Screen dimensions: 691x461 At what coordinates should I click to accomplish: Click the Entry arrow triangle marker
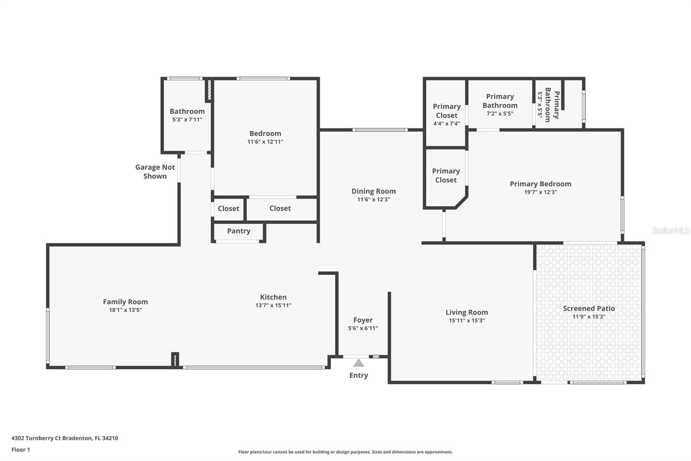(x=358, y=363)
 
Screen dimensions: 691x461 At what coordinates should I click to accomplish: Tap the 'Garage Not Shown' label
(x=155, y=172)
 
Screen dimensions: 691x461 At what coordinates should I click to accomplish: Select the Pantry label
(x=238, y=231)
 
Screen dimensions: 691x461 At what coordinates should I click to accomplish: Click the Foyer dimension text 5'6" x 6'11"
(x=363, y=328)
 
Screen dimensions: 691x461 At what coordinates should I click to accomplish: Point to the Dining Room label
(x=374, y=191)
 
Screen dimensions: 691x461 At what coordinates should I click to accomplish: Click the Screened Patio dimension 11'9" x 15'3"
(x=589, y=317)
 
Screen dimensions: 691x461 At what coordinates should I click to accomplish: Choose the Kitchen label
(x=273, y=297)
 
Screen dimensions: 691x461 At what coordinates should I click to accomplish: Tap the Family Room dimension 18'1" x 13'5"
(x=125, y=310)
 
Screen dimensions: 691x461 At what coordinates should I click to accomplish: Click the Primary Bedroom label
(x=540, y=184)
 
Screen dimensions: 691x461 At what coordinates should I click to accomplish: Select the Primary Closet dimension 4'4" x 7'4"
(x=447, y=124)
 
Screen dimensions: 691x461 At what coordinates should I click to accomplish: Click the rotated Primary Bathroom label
(x=552, y=105)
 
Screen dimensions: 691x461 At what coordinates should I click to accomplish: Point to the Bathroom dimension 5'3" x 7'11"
(x=187, y=120)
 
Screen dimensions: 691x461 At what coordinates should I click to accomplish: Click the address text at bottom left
(x=65, y=438)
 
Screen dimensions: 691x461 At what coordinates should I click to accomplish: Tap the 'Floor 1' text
(x=21, y=450)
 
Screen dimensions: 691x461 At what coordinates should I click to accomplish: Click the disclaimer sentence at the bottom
(x=345, y=452)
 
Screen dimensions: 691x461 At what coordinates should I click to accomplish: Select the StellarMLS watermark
(x=671, y=230)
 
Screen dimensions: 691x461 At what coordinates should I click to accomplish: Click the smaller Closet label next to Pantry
(x=228, y=208)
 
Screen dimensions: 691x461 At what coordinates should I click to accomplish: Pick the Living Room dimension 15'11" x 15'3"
(x=467, y=320)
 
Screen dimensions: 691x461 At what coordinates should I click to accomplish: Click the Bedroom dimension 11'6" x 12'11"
(x=265, y=142)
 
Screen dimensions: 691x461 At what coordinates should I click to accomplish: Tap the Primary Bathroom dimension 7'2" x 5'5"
(x=500, y=114)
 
